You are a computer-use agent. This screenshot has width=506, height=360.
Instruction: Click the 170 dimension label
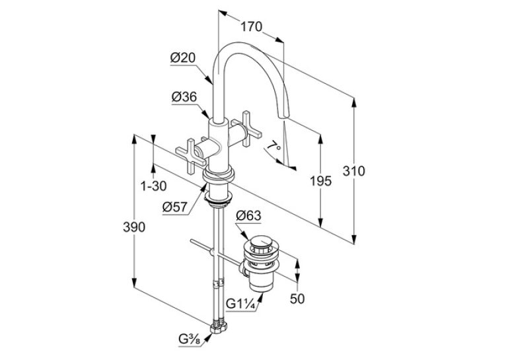tap(252, 27)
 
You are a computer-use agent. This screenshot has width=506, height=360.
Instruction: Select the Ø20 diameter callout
tap(183, 58)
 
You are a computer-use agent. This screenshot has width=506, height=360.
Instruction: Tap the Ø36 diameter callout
tap(184, 97)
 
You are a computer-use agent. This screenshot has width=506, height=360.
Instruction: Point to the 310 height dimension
tap(353, 170)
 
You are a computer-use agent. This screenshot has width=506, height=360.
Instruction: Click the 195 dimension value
tap(321, 181)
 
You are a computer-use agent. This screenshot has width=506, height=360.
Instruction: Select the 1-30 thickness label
tap(154, 186)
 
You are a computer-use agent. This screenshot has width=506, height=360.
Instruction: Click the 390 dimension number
tap(134, 228)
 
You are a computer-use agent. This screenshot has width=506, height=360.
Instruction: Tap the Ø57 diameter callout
tap(175, 207)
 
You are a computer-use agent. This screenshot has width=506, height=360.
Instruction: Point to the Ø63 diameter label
tap(248, 215)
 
